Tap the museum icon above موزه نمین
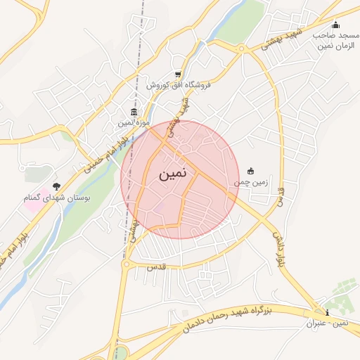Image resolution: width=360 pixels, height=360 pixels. tap(134, 112)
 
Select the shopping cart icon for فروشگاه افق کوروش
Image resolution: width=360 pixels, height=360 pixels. tap(179, 75)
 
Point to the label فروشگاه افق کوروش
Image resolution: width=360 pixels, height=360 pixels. tap(179, 85)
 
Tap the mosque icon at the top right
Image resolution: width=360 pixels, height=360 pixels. tap(335, 25)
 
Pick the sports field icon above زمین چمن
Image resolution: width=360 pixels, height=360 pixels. tap(251, 171)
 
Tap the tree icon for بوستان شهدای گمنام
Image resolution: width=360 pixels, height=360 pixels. tap(56, 186)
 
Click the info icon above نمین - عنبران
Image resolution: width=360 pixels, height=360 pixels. tap(326, 312)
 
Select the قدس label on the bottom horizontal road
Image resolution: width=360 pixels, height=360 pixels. tap(155, 268)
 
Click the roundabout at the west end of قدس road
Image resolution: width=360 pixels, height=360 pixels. tap(127, 264)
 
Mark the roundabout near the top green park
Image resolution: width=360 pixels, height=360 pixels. tap(242, 49)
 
